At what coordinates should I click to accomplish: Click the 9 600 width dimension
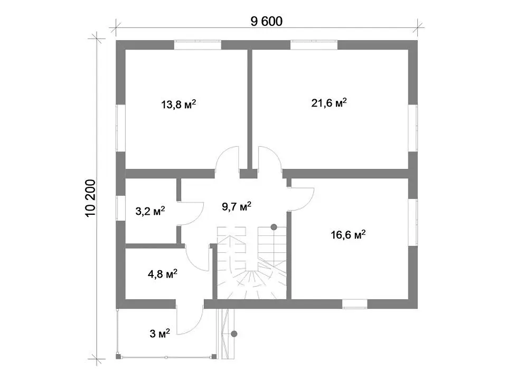[x=266, y=21]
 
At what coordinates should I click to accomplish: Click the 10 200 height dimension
[x=91, y=198]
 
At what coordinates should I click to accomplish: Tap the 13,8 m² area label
[x=179, y=104]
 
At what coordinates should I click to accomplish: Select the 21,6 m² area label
[x=329, y=103]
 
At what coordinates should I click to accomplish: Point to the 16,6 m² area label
[x=348, y=234]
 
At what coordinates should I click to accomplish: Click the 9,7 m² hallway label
[x=237, y=206]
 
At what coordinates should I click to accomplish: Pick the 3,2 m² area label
[x=150, y=211]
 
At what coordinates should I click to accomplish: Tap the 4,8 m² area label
[x=162, y=274]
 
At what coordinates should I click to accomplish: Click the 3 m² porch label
[x=159, y=333]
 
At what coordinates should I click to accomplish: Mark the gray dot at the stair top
[x=274, y=227]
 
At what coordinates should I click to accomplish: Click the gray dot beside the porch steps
[x=234, y=334]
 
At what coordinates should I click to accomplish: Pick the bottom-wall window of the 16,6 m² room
[x=355, y=304]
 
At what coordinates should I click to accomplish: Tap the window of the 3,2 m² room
[x=120, y=208]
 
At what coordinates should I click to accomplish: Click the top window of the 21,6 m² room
[x=314, y=45]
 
